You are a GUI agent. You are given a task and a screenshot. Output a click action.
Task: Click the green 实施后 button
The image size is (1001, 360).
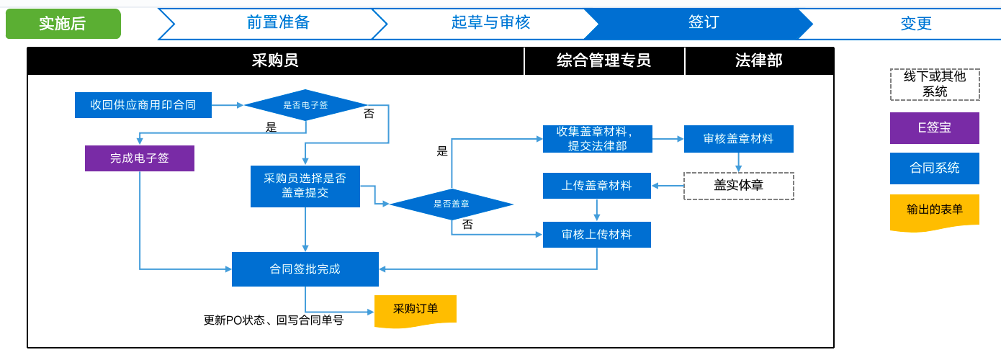pyautogui.click(x=63, y=24)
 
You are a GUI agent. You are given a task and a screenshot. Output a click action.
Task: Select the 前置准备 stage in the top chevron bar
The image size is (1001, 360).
pyautogui.click(x=277, y=23)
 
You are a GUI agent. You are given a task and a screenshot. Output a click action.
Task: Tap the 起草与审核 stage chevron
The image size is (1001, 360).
pyautogui.click(x=490, y=23)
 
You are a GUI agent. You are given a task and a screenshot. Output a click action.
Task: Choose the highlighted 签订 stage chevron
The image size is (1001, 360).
pyautogui.click(x=702, y=23)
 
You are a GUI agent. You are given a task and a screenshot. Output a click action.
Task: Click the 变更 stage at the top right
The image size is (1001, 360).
pyautogui.click(x=915, y=24)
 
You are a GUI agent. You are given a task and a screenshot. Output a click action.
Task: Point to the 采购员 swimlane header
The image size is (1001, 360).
pyautogui.click(x=275, y=60)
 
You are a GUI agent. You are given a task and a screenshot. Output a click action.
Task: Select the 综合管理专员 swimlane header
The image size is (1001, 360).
pyautogui.click(x=603, y=60)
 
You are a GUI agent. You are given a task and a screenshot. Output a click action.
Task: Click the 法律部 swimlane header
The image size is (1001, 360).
pyautogui.click(x=758, y=60)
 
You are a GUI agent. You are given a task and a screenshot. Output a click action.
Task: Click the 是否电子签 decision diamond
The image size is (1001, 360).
pyautogui.click(x=305, y=105)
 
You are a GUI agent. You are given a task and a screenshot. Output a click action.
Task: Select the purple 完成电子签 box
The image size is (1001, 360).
pyautogui.click(x=140, y=158)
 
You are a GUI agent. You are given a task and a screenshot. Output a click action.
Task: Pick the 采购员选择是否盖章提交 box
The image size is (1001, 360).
pyautogui.click(x=305, y=186)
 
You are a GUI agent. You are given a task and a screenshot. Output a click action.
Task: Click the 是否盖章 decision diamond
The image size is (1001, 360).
pyautogui.click(x=452, y=204)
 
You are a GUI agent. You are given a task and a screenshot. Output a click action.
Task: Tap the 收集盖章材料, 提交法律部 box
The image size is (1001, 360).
pyautogui.click(x=597, y=139)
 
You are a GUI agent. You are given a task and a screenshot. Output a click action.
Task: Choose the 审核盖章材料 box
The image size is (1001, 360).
pyautogui.click(x=738, y=139)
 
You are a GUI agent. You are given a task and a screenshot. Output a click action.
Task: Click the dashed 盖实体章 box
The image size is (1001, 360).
pyautogui.click(x=738, y=186)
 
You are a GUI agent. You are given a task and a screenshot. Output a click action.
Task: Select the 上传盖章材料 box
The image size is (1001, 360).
pyautogui.click(x=597, y=186)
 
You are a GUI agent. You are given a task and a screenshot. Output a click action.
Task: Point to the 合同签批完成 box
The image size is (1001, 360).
pyautogui.click(x=305, y=269)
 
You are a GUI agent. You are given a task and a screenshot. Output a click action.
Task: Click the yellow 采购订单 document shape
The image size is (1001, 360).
pyautogui.click(x=416, y=310)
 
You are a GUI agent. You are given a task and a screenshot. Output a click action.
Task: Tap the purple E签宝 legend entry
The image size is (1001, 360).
pyautogui.click(x=934, y=127)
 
